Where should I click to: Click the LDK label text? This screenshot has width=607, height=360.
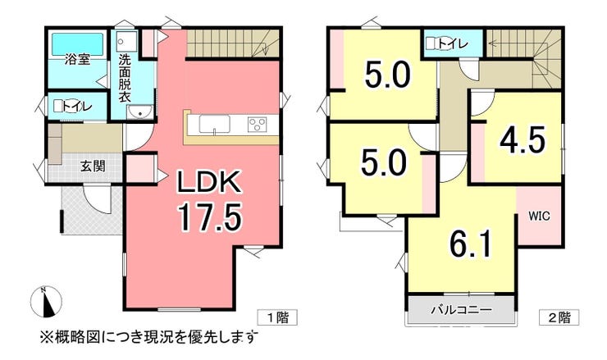[209, 183]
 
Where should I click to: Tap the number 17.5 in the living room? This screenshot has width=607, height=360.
[209, 217]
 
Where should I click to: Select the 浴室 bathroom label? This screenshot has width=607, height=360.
[77, 60]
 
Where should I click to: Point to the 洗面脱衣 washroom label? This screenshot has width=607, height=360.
[124, 78]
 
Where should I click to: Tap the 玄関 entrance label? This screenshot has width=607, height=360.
[93, 166]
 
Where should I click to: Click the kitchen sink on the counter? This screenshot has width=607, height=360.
[214, 125]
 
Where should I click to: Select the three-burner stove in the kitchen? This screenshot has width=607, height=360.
[257, 125]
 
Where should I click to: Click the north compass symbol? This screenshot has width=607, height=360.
[46, 302]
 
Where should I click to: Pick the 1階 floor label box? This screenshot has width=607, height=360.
[277, 317]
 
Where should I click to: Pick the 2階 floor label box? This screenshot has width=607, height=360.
[559, 317]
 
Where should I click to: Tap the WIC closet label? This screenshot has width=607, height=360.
[540, 216]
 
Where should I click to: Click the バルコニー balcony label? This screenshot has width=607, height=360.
[462, 310]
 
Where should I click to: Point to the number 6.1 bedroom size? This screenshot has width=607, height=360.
[471, 244]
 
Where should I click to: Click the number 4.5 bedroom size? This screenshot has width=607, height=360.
[523, 139]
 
